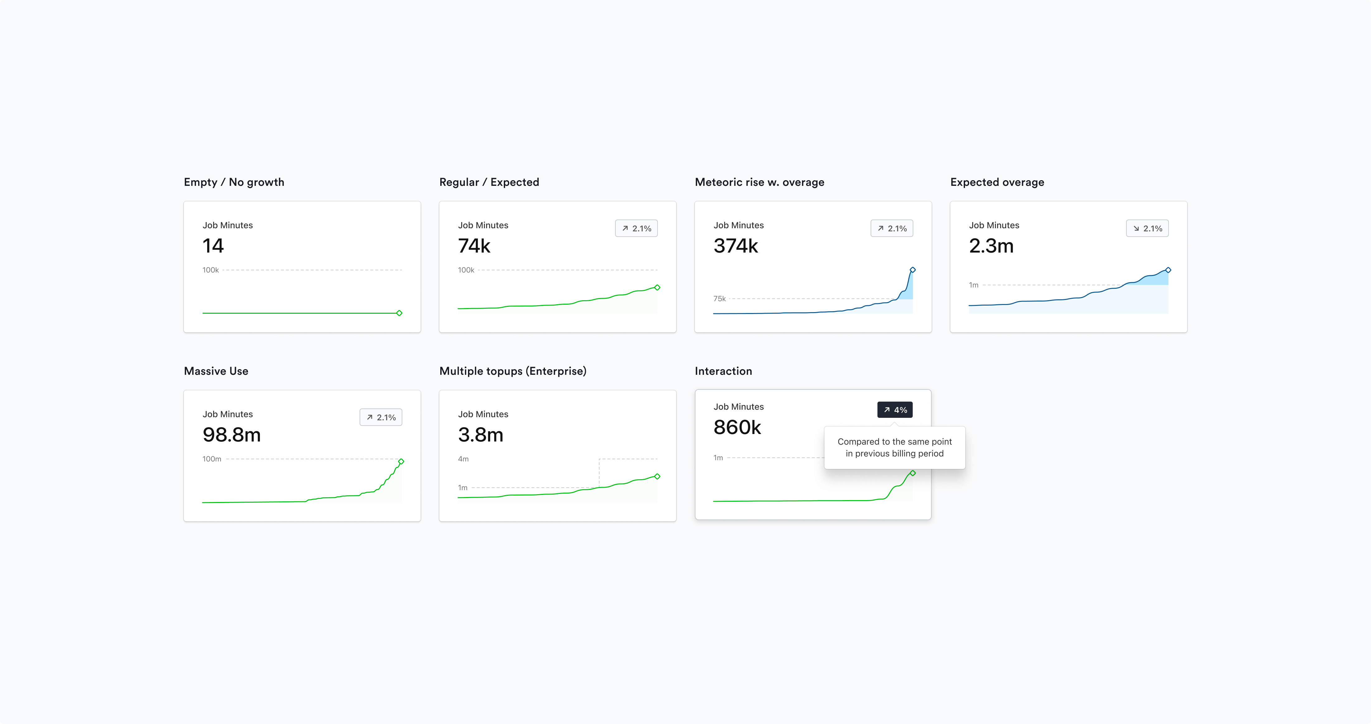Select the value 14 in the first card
213,246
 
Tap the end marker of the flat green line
399,313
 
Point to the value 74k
474,246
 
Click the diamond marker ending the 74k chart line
657,288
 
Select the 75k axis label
719,299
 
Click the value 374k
736,246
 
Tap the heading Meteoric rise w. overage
759,182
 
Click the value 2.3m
991,246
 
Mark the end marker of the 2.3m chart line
1168,270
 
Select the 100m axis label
212,459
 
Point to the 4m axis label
463,459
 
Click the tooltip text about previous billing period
894,447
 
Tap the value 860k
737,427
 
